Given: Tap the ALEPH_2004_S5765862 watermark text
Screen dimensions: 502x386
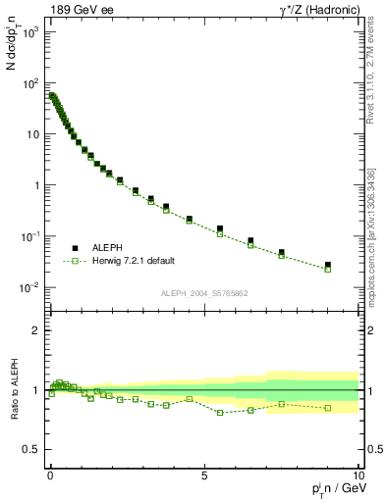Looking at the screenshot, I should click(x=204, y=293).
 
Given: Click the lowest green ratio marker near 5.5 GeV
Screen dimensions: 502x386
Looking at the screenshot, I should click(x=219, y=413).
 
